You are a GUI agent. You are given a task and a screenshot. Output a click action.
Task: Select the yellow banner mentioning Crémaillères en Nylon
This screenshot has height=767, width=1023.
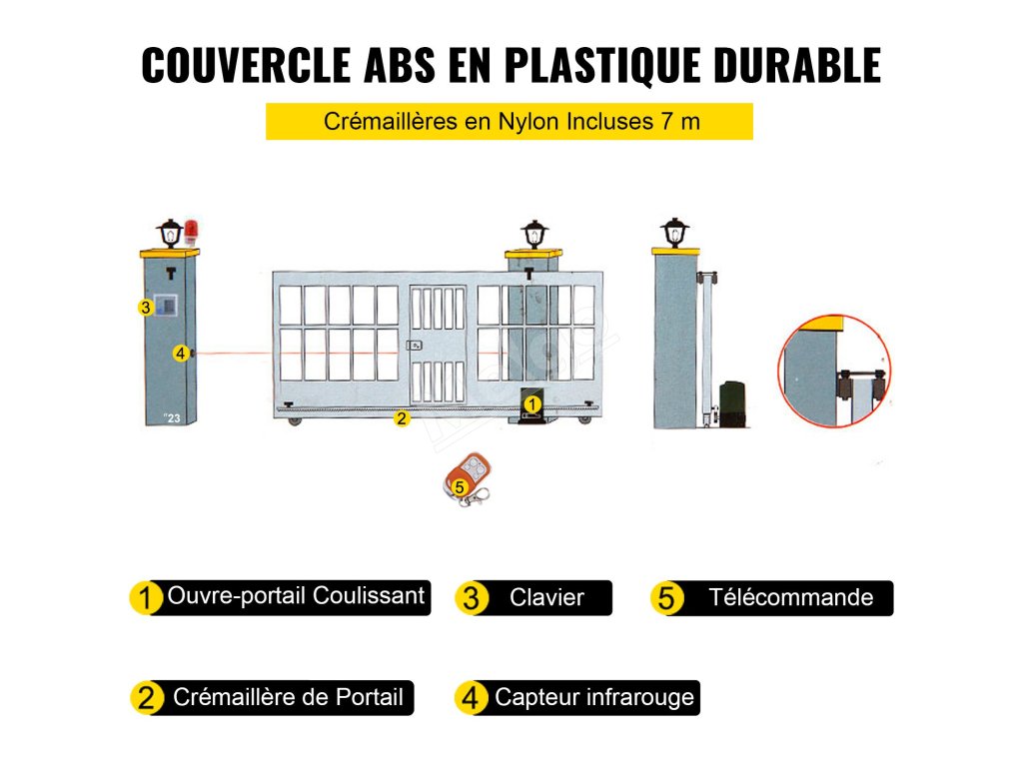point(510,122)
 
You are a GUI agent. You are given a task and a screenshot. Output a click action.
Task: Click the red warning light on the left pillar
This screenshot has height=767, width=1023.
point(190,234)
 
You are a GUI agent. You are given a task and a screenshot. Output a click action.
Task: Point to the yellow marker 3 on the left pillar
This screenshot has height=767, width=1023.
point(145,309)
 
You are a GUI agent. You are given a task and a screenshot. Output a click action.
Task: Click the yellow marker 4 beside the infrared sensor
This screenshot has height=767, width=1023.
point(180,353)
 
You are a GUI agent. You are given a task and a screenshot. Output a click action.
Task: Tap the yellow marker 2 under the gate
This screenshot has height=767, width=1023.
point(402,418)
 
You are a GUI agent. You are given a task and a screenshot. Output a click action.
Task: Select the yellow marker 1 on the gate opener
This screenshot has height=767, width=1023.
point(532,403)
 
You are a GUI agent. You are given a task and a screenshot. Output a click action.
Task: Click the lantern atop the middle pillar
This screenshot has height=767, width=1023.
point(534,236)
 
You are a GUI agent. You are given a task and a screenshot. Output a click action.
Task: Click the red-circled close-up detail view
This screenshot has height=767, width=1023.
point(834,371)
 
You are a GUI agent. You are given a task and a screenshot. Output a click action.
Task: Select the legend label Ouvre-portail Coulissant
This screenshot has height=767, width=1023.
point(296,597)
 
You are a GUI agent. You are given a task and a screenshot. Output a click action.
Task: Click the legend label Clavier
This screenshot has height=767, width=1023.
point(546,598)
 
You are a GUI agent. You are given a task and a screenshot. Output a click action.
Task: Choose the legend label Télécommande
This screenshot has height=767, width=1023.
point(790,598)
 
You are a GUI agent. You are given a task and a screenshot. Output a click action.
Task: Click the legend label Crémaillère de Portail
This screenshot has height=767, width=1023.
point(288,697)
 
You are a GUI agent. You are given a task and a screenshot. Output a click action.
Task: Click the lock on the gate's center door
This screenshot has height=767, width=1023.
point(415,346)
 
